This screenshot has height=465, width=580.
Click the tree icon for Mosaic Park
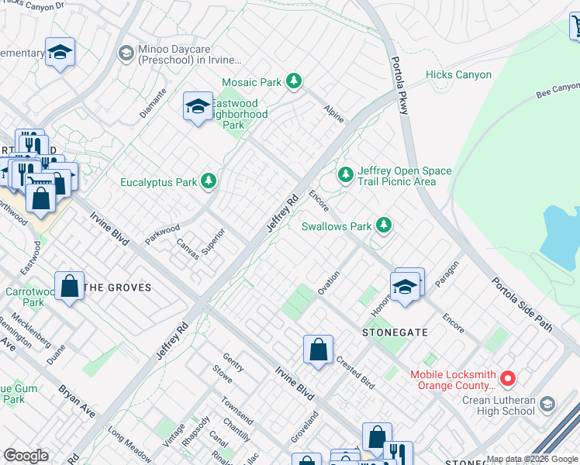click(x=293, y=81)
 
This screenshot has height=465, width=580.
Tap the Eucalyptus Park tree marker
click(x=208, y=181)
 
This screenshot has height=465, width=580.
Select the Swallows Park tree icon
click(x=383, y=226)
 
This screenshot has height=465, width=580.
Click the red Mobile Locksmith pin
click(x=508, y=378)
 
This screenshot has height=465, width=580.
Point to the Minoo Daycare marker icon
click(x=125, y=53)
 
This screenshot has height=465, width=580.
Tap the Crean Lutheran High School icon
click(x=547, y=405)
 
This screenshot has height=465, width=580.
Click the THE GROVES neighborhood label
click(x=117, y=288)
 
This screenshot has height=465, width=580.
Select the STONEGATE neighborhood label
click(x=395, y=332)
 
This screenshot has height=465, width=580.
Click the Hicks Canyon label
click(x=458, y=74)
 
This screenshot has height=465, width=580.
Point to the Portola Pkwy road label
click(x=399, y=85)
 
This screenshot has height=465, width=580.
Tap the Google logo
click(x=26, y=456)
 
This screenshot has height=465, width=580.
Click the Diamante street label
click(x=154, y=101)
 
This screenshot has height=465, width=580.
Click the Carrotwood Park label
click(x=24, y=298)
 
